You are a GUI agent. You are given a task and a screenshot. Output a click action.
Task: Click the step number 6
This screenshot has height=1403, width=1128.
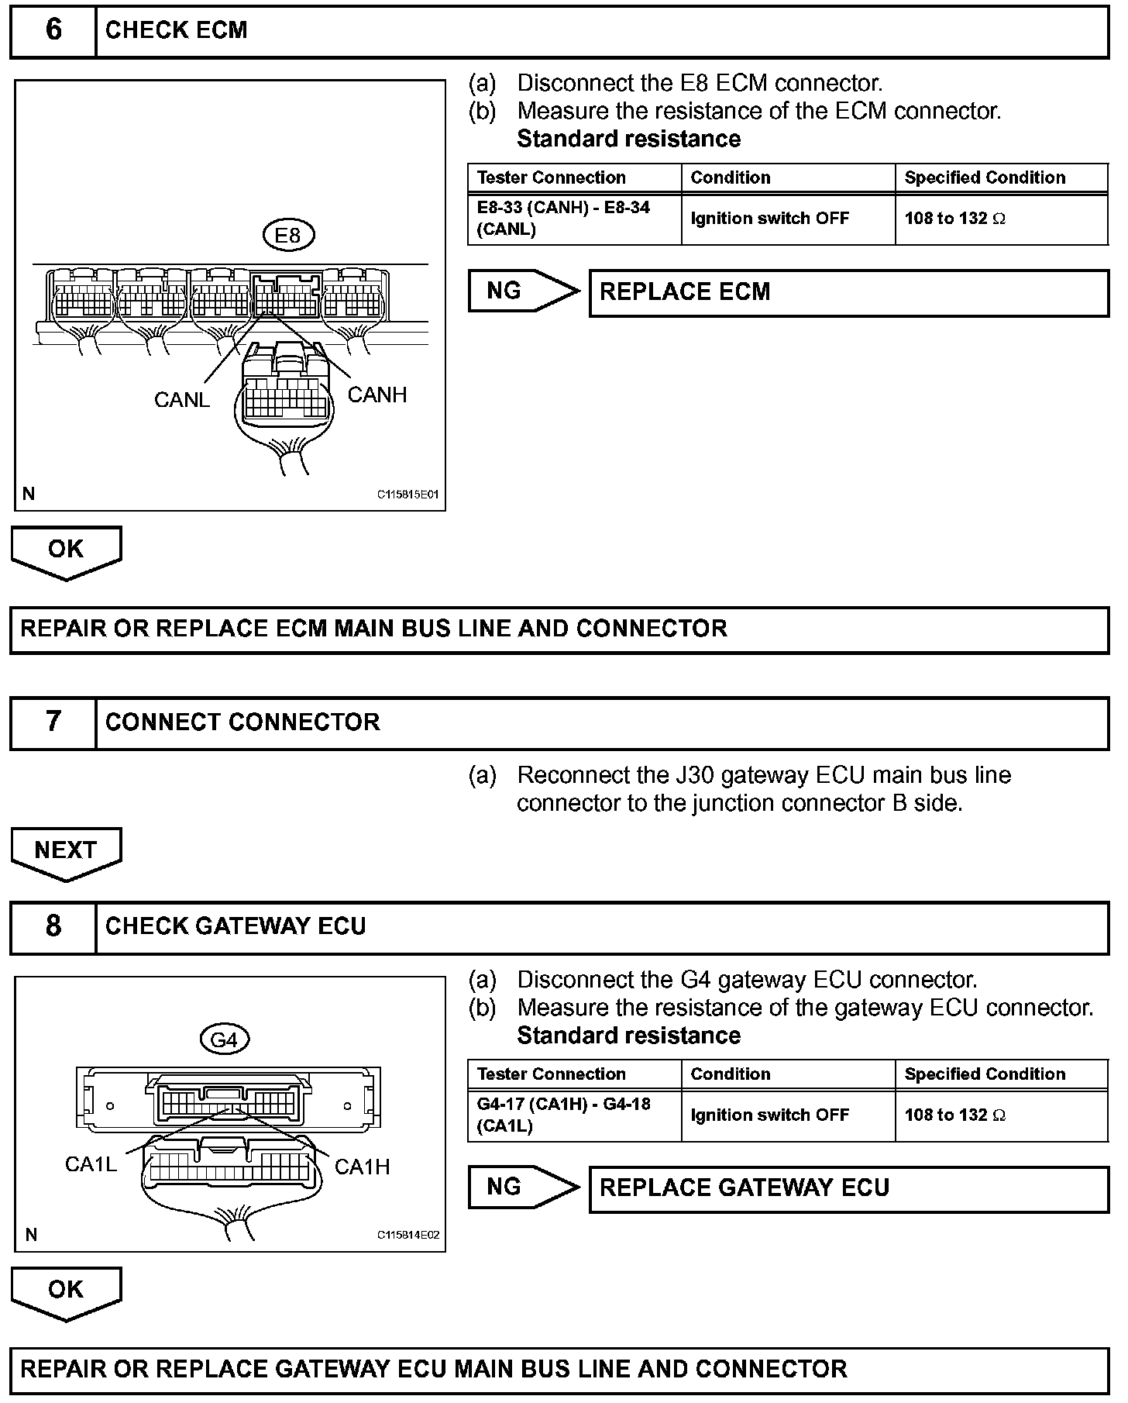tap(53, 30)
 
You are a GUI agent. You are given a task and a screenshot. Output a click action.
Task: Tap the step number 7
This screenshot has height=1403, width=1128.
tap(53, 722)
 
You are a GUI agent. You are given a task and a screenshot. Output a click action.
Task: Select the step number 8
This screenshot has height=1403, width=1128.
tap(53, 926)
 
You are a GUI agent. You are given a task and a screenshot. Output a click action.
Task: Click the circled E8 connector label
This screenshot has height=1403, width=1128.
tap(287, 235)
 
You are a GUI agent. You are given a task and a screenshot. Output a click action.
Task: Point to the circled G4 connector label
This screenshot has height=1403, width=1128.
tap(225, 1039)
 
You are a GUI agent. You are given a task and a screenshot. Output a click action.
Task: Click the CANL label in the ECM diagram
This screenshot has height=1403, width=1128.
tap(182, 400)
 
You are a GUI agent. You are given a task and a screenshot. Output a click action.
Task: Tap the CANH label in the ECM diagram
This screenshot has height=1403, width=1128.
tap(377, 395)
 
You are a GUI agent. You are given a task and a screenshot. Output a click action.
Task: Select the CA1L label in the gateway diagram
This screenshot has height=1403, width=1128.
tap(91, 1164)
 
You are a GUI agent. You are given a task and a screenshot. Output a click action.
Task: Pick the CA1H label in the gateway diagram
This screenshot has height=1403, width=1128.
tap(362, 1167)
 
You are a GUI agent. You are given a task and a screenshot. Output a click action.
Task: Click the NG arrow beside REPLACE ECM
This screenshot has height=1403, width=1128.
tap(523, 291)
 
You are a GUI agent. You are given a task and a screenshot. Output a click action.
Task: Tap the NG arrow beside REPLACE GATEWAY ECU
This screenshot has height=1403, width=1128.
tap(523, 1187)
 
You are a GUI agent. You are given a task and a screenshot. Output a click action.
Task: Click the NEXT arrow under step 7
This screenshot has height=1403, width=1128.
tap(66, 852)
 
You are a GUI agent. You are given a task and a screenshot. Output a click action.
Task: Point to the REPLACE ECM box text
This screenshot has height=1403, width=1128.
tap(685, 292)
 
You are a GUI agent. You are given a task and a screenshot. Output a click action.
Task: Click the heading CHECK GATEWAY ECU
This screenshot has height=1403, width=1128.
tap(236, 926)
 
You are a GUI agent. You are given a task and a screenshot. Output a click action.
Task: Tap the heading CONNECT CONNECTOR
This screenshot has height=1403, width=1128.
tap(242, 722)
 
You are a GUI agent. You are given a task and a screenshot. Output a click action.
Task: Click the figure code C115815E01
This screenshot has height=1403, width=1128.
tap(408, 495)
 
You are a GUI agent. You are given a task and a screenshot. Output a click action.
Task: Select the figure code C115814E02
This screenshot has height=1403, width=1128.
tap(408, 1235)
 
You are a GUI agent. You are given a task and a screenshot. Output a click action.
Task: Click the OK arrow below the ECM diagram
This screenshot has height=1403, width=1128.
tap(66, 550)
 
